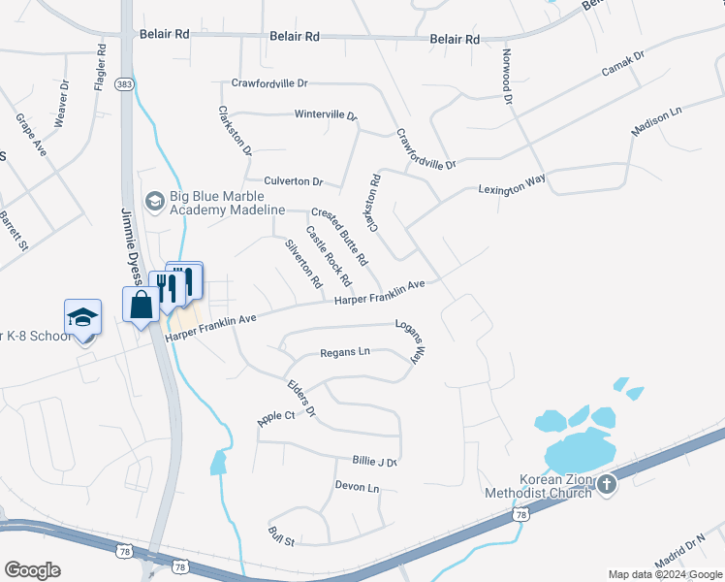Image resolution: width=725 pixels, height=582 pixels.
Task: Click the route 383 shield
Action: point(123,85)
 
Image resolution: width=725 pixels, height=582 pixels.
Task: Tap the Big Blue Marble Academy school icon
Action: point(153,202)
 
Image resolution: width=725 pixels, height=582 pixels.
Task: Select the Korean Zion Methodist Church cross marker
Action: point(607,484)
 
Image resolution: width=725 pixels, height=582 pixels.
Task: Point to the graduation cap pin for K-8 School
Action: point(82,316)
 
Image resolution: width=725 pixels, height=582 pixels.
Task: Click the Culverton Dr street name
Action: point(293,180)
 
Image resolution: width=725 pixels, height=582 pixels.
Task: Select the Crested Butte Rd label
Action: point(340,236)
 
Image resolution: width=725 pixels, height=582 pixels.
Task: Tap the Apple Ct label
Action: point(275,417)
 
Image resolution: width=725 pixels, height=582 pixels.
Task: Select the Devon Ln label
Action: point(357,486)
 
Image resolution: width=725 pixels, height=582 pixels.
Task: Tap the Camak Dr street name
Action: point(622,67)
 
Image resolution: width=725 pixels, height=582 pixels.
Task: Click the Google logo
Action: point(33,569)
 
